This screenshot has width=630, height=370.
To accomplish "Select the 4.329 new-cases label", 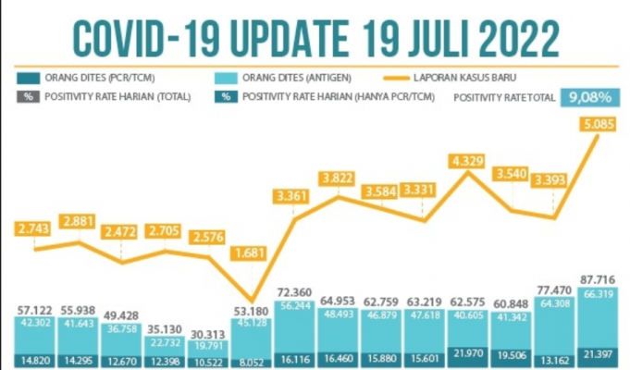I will [x=468, y=163].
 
